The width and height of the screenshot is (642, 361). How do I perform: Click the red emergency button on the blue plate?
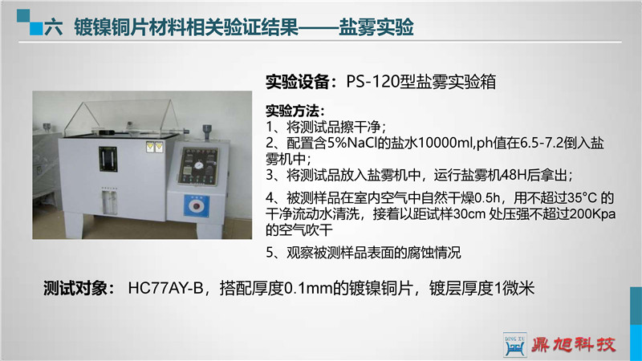pyautogui.click(x=197, y=206)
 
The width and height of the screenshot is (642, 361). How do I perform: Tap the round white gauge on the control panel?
pyautogui.click(x=199, y=165)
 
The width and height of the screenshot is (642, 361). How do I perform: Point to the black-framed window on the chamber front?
pyautogui.click(x=108, y=159)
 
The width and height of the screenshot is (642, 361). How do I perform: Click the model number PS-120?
pyautogui.click(x=372, y=82)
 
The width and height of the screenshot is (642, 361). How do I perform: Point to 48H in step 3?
pyautogui.click(x=513, y=175)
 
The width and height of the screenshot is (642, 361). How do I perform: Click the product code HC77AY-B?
pyautogui.click(x=165, y=288)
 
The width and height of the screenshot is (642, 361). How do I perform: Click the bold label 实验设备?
pyautogui.click(x=297, y=82)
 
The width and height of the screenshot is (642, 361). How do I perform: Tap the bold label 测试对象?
pyautogui.click(x=75, y=288)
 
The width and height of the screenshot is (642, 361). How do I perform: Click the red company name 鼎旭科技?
pyautogui.click(x=574, y=345)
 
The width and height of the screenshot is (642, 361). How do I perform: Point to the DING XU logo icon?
pyautogui.click(x=514, y=345)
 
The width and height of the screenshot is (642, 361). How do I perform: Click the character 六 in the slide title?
pyautogui.click(x=53, y=27)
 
